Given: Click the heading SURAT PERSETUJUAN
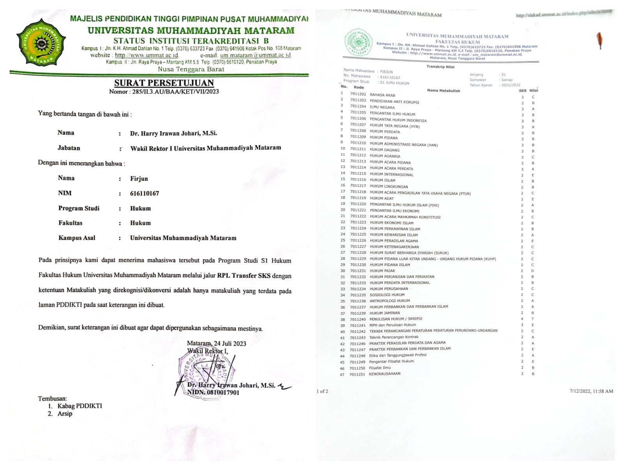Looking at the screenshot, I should (x=164, y=83).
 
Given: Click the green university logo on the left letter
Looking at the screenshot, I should (x=41, y=42).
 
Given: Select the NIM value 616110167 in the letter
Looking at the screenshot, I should (x=144, y=193).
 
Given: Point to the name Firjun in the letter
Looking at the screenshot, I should (x=139, y=179).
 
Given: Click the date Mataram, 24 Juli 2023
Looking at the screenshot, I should (x=216, y=343).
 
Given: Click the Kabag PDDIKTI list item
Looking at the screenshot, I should (x=80, y=406).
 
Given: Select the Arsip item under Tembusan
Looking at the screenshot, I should (x=65, y=413).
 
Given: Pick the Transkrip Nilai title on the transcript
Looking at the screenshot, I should (x=440, y=67).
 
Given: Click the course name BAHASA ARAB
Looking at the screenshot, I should (x=382, y=95).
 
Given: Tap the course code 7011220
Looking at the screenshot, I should (x=358, y=204).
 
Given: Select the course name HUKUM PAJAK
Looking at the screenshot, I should (x=382, y=271).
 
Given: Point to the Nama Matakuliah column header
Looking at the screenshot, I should (x=443, y=90).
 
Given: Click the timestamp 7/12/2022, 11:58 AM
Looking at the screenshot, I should (x=591, y=391).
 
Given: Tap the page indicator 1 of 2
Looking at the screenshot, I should (x=322, y=391).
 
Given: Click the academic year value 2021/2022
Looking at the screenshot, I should (x=511, y=85).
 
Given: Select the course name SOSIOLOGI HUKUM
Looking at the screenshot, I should (x=387, y=295).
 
